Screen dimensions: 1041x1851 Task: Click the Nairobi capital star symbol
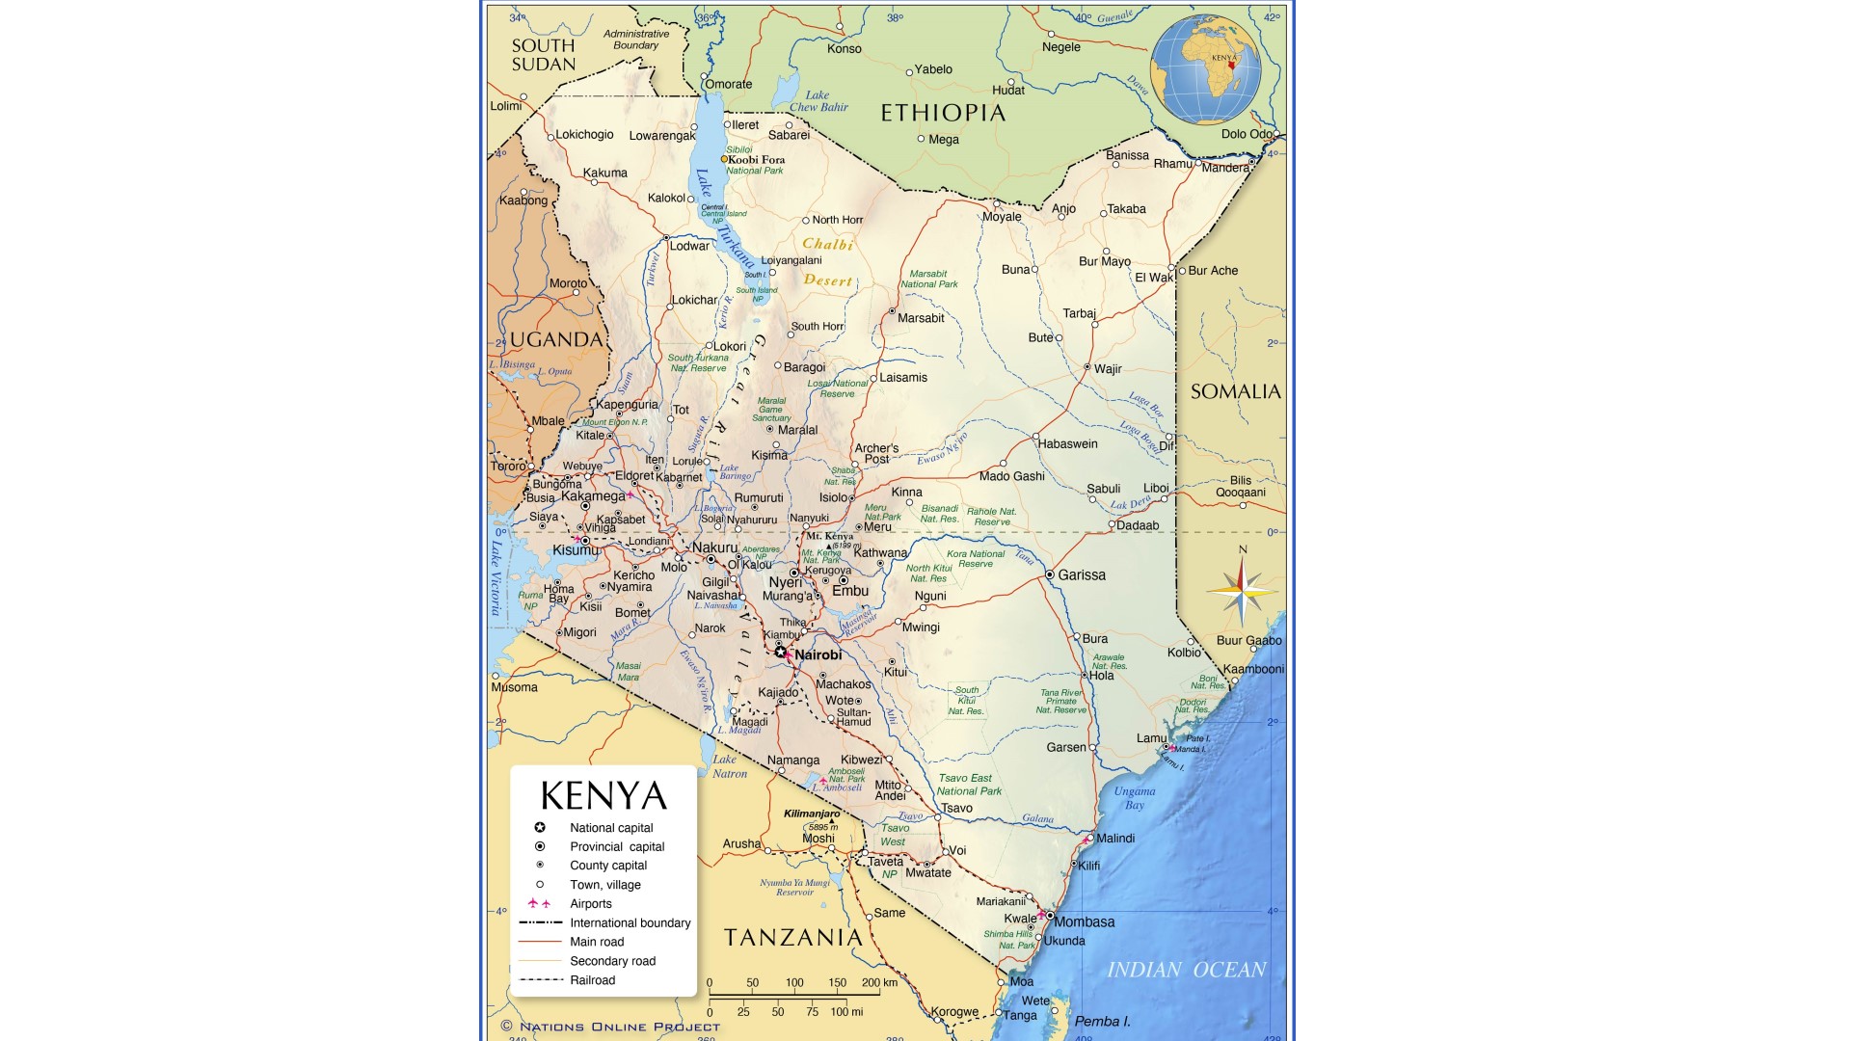(780, 653)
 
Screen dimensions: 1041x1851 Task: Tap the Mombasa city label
(1084, 922)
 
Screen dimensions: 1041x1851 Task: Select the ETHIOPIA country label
(943, 113)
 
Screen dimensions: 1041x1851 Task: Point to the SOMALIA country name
(1235, 391)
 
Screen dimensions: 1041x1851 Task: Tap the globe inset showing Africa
(1205, 69)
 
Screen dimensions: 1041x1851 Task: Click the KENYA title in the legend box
(604, 796)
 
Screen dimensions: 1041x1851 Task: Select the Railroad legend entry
(592, 980)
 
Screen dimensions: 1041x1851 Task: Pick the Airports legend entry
(590, 904)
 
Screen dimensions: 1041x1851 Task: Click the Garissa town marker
(1050, 574)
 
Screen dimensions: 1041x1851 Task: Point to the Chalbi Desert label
(828, 262)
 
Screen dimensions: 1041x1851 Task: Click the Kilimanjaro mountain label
(811, 814)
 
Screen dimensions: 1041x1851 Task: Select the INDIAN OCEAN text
(1186, 970)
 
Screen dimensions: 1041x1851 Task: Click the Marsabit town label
(920, 318)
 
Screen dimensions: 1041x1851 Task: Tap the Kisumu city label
(576, 550)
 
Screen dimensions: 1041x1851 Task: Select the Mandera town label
(1225, 168)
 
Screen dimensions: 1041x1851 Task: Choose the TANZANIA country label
(792, 937)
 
